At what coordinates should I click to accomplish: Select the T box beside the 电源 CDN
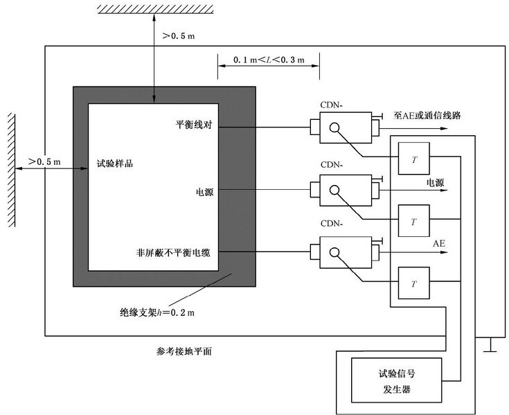[414, 222]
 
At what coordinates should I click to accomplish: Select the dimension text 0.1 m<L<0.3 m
[269, 60]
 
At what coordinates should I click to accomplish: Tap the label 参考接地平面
[185, 351]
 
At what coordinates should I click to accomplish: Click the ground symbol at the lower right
[492, 345]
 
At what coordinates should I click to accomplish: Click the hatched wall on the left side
[10, 170]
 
